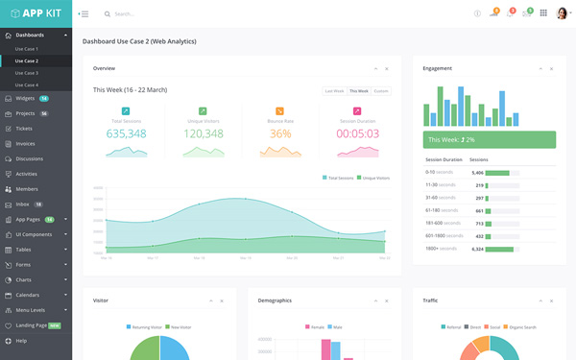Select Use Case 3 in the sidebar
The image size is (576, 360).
click(x=27, y=73)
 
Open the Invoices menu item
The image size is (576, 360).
click(x=25, y=143)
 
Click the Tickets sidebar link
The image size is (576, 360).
click(x=24, y=128)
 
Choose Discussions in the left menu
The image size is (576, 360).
click(x=29, y=158)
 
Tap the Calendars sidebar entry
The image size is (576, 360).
click(x=28, y=295)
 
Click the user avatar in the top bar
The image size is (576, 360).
click(x=562, y=13)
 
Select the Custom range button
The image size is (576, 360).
click(x=381, y=90)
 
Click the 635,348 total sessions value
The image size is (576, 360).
click(x=126, y=133)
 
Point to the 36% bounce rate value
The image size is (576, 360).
click(x=280, y=133)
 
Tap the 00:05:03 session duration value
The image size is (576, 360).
click(x=357, y=133)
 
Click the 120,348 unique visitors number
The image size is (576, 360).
click(x=204, y=133)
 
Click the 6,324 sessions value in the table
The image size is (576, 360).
click(x=478, y=249)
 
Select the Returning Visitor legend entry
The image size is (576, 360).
click(x=147, y=327)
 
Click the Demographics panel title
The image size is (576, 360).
click(x=275, y=300)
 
